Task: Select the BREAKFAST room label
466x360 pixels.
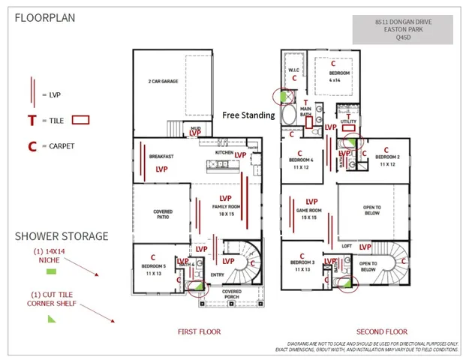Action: pyautogui.click(x=161, y=156)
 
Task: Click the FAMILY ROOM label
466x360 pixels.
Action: pyautogui.click(x=223, y=208)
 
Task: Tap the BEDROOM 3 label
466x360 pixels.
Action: pyautogui.click(x=304, y=265)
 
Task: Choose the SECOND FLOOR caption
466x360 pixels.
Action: pyautogui.click(x=381, y=331)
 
